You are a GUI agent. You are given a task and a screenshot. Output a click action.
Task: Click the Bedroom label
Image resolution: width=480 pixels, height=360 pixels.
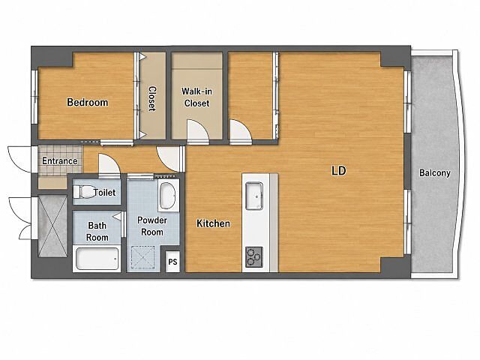click(x=88, y=102)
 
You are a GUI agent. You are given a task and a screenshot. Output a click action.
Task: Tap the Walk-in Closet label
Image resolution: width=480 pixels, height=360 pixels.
click(x=196, y=97)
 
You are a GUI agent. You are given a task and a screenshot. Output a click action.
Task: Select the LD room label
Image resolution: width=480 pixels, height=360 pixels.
click(x=339, y=170)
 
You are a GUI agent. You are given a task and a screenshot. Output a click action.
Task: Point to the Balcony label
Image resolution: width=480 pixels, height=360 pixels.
click(x=435, y=173)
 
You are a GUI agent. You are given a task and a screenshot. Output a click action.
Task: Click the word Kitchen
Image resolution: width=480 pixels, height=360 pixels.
click(x=213, y=223)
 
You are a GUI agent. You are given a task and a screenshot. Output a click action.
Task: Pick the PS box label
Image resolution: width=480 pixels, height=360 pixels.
click(x=172, y=262)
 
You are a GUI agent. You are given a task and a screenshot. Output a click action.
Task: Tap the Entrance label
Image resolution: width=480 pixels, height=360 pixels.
click(x=60, y=160)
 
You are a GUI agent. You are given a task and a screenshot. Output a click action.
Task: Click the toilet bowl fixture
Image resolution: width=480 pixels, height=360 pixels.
click(x=83, y=192)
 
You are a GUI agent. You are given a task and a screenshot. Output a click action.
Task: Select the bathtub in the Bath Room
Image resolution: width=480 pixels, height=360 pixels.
click(x=97, y=259)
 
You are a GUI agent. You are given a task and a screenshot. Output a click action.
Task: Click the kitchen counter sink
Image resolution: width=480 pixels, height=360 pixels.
click(x=254, y=196)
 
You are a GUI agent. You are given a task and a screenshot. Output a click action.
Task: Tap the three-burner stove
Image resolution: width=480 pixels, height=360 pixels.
click(x=254, y=257)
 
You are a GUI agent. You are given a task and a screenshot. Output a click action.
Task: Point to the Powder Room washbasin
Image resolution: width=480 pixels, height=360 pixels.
click(x=168, y=196)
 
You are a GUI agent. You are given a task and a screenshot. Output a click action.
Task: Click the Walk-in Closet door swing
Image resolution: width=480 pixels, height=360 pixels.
click(x=198, y=131)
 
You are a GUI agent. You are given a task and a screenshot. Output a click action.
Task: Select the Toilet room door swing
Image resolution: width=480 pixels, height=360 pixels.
click(x=109, y=165)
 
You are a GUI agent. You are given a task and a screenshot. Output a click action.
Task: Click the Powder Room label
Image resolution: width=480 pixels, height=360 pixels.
click(x=152, y=226)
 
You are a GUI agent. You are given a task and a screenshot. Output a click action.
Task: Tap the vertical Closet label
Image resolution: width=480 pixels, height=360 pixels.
click(x=152, y=98)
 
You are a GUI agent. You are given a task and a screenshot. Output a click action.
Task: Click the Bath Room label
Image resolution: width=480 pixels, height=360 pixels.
click(x=97, y=232)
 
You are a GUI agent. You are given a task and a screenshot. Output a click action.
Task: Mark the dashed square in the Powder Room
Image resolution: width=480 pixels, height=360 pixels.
click(x=143, y=258)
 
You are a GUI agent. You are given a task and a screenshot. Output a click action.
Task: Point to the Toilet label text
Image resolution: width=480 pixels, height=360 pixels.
click(x=105, y=193)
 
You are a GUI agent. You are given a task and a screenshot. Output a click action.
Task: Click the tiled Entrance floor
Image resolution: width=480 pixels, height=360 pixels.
click(x=60, y=160)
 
